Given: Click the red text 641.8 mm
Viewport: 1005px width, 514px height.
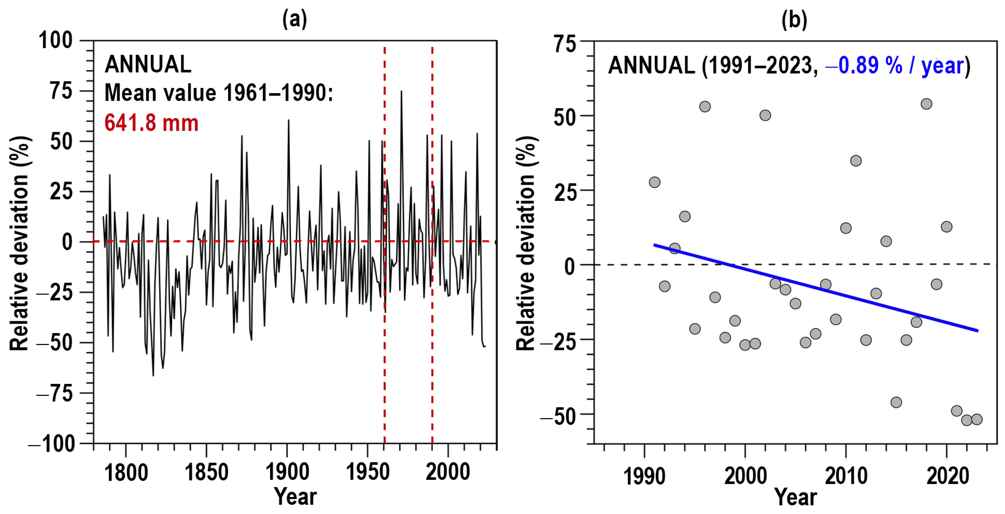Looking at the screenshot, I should tap(151, 123).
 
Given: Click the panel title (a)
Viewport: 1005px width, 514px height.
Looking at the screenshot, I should tap(295, 19).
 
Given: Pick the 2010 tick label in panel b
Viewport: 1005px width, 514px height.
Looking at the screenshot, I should tap(846, 476).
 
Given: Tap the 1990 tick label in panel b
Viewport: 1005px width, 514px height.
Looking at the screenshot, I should tap(644, 476).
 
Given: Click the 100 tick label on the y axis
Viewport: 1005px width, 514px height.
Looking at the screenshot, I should tap(56, 40).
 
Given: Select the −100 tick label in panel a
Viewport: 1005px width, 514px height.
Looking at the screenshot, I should tap(51, 444).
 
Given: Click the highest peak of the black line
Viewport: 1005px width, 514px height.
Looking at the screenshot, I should tap(401, 91).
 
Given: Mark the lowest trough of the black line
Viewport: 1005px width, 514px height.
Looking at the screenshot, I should tap(153, 376).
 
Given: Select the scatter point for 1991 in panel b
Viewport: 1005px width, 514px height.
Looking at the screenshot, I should tap(654, 182).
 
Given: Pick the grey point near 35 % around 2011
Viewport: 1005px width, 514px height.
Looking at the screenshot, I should tap(855, 161).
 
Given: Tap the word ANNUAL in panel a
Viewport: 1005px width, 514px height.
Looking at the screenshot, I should tap(148, 64).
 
